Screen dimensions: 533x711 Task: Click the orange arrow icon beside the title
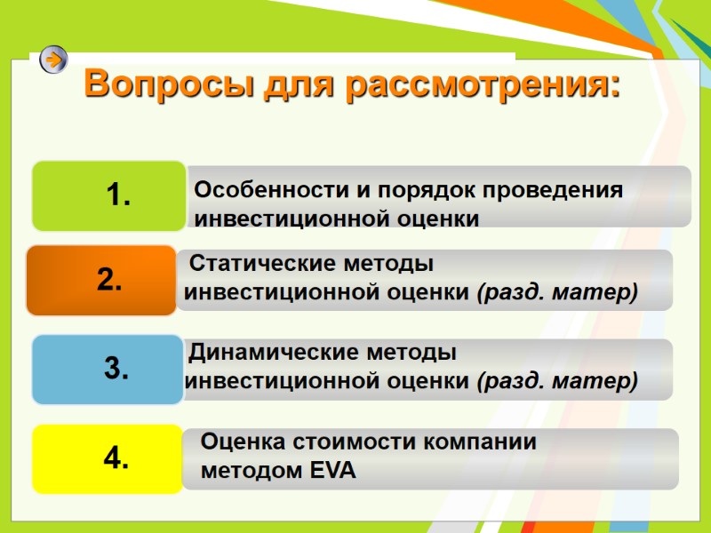[54, 60]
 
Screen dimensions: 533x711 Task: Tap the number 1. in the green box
[118, 195]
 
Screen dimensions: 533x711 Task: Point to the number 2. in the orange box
[109, 281]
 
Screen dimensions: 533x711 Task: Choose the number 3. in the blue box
[116, 369]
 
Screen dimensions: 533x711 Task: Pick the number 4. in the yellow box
[116, 458]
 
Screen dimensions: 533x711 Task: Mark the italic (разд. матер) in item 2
[557, 291]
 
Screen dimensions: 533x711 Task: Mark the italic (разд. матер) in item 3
[557, 381]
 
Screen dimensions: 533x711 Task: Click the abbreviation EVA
[332, 472]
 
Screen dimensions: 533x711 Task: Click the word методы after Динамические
[413, 353]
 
